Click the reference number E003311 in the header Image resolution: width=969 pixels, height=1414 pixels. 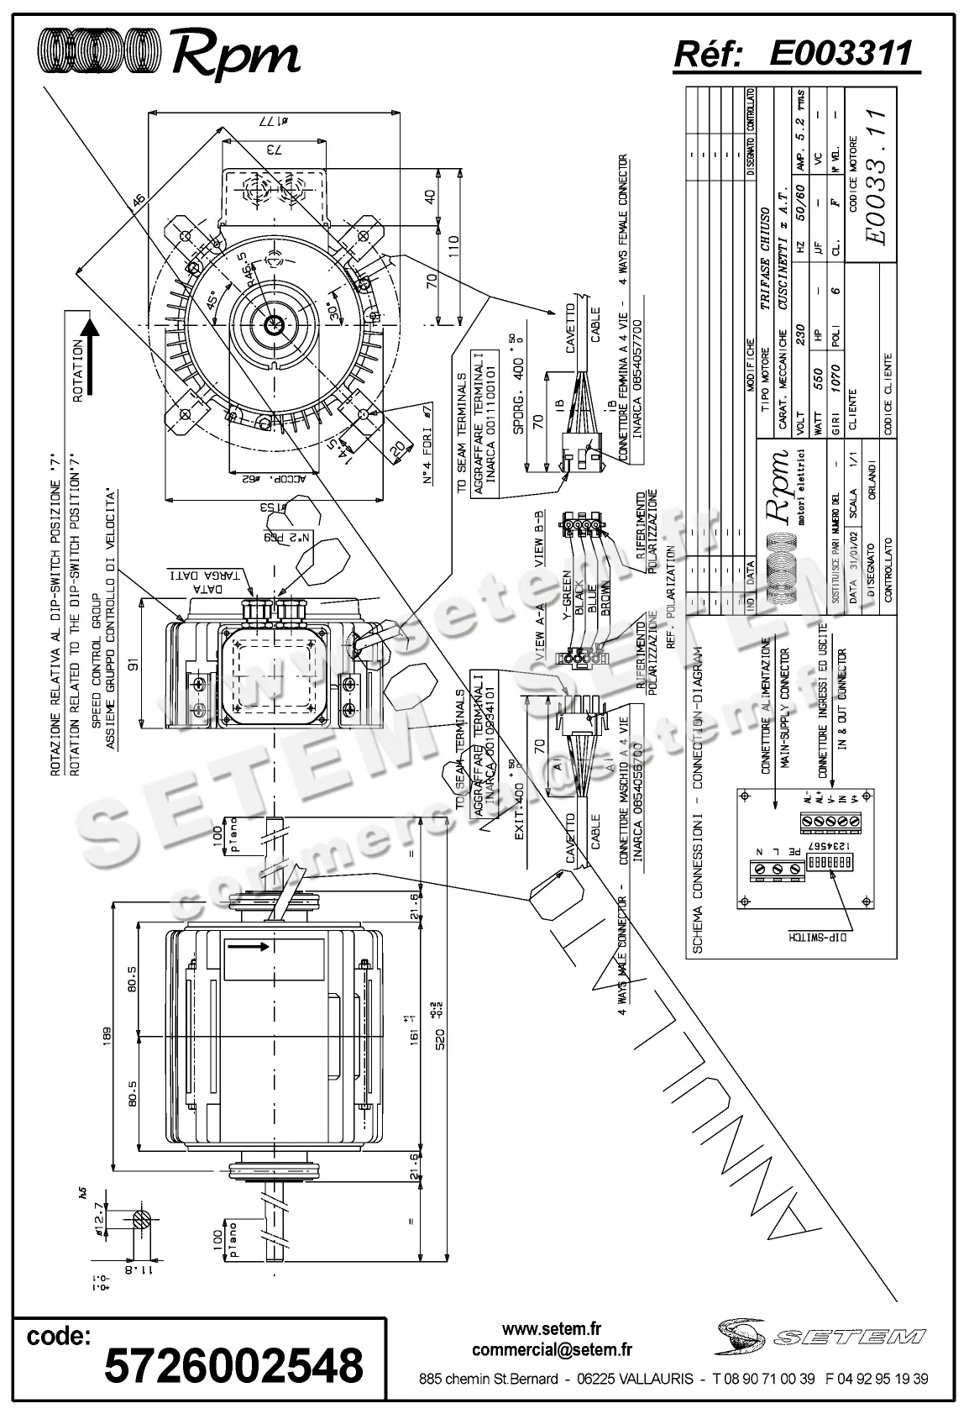[x=840, y=55]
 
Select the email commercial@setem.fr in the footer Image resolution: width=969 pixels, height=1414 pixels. [x=552, y=1350]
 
